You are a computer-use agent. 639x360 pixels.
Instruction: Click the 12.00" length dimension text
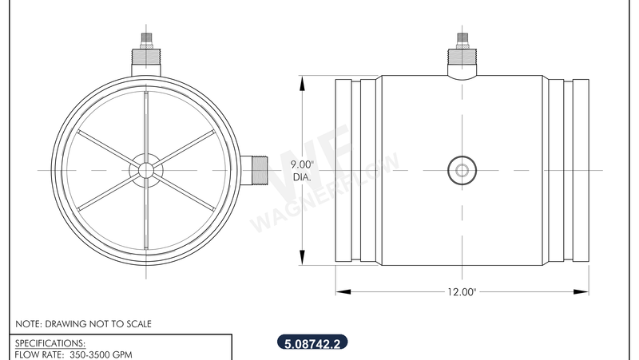462,292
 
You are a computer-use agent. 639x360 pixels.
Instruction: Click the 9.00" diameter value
303,164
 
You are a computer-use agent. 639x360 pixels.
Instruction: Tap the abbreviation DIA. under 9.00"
303,176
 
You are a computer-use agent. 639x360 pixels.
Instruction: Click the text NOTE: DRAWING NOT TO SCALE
84,324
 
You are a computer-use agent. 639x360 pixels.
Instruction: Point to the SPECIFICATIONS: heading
50,342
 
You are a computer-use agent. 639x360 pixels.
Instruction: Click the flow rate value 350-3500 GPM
100,353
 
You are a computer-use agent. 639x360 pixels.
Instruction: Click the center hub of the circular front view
145,169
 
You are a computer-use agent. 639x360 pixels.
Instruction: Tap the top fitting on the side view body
462,56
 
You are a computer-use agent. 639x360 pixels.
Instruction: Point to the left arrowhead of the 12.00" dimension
339,291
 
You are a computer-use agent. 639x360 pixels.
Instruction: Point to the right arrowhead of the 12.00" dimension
585,291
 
